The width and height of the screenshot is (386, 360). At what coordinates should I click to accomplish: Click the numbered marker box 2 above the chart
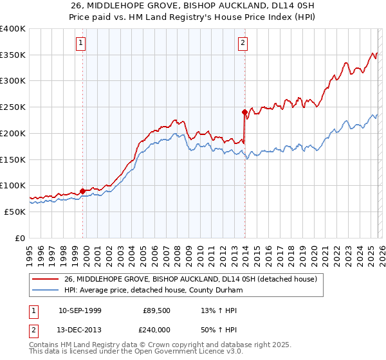[x=243, y=43]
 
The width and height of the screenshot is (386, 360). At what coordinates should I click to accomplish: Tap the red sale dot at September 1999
[x=83, y=190]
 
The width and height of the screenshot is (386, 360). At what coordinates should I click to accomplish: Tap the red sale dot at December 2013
[x=245, y=112]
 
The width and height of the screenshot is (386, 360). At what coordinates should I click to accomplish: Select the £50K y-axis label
[x=15, y=212]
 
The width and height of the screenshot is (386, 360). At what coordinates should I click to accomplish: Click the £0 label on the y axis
[x=21, y=238]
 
